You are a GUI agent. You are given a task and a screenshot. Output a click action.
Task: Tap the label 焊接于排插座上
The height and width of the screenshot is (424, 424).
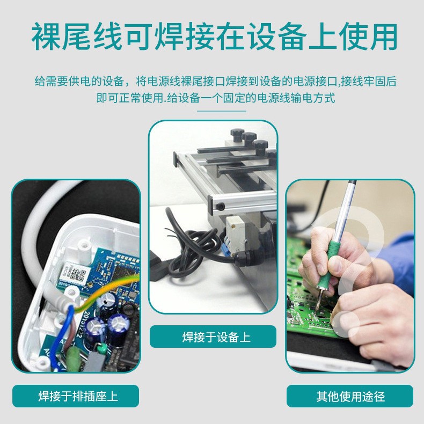coord(78,396)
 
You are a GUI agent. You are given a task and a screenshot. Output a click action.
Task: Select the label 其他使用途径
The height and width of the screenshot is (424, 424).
coord(350,397)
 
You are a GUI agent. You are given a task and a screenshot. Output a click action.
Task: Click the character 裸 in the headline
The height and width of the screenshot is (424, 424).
coord(46,36)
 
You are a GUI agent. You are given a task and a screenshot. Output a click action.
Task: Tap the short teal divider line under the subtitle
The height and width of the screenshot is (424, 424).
coord(222,111)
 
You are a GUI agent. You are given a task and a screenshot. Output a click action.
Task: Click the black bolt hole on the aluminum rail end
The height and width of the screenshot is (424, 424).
coord(220,207)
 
